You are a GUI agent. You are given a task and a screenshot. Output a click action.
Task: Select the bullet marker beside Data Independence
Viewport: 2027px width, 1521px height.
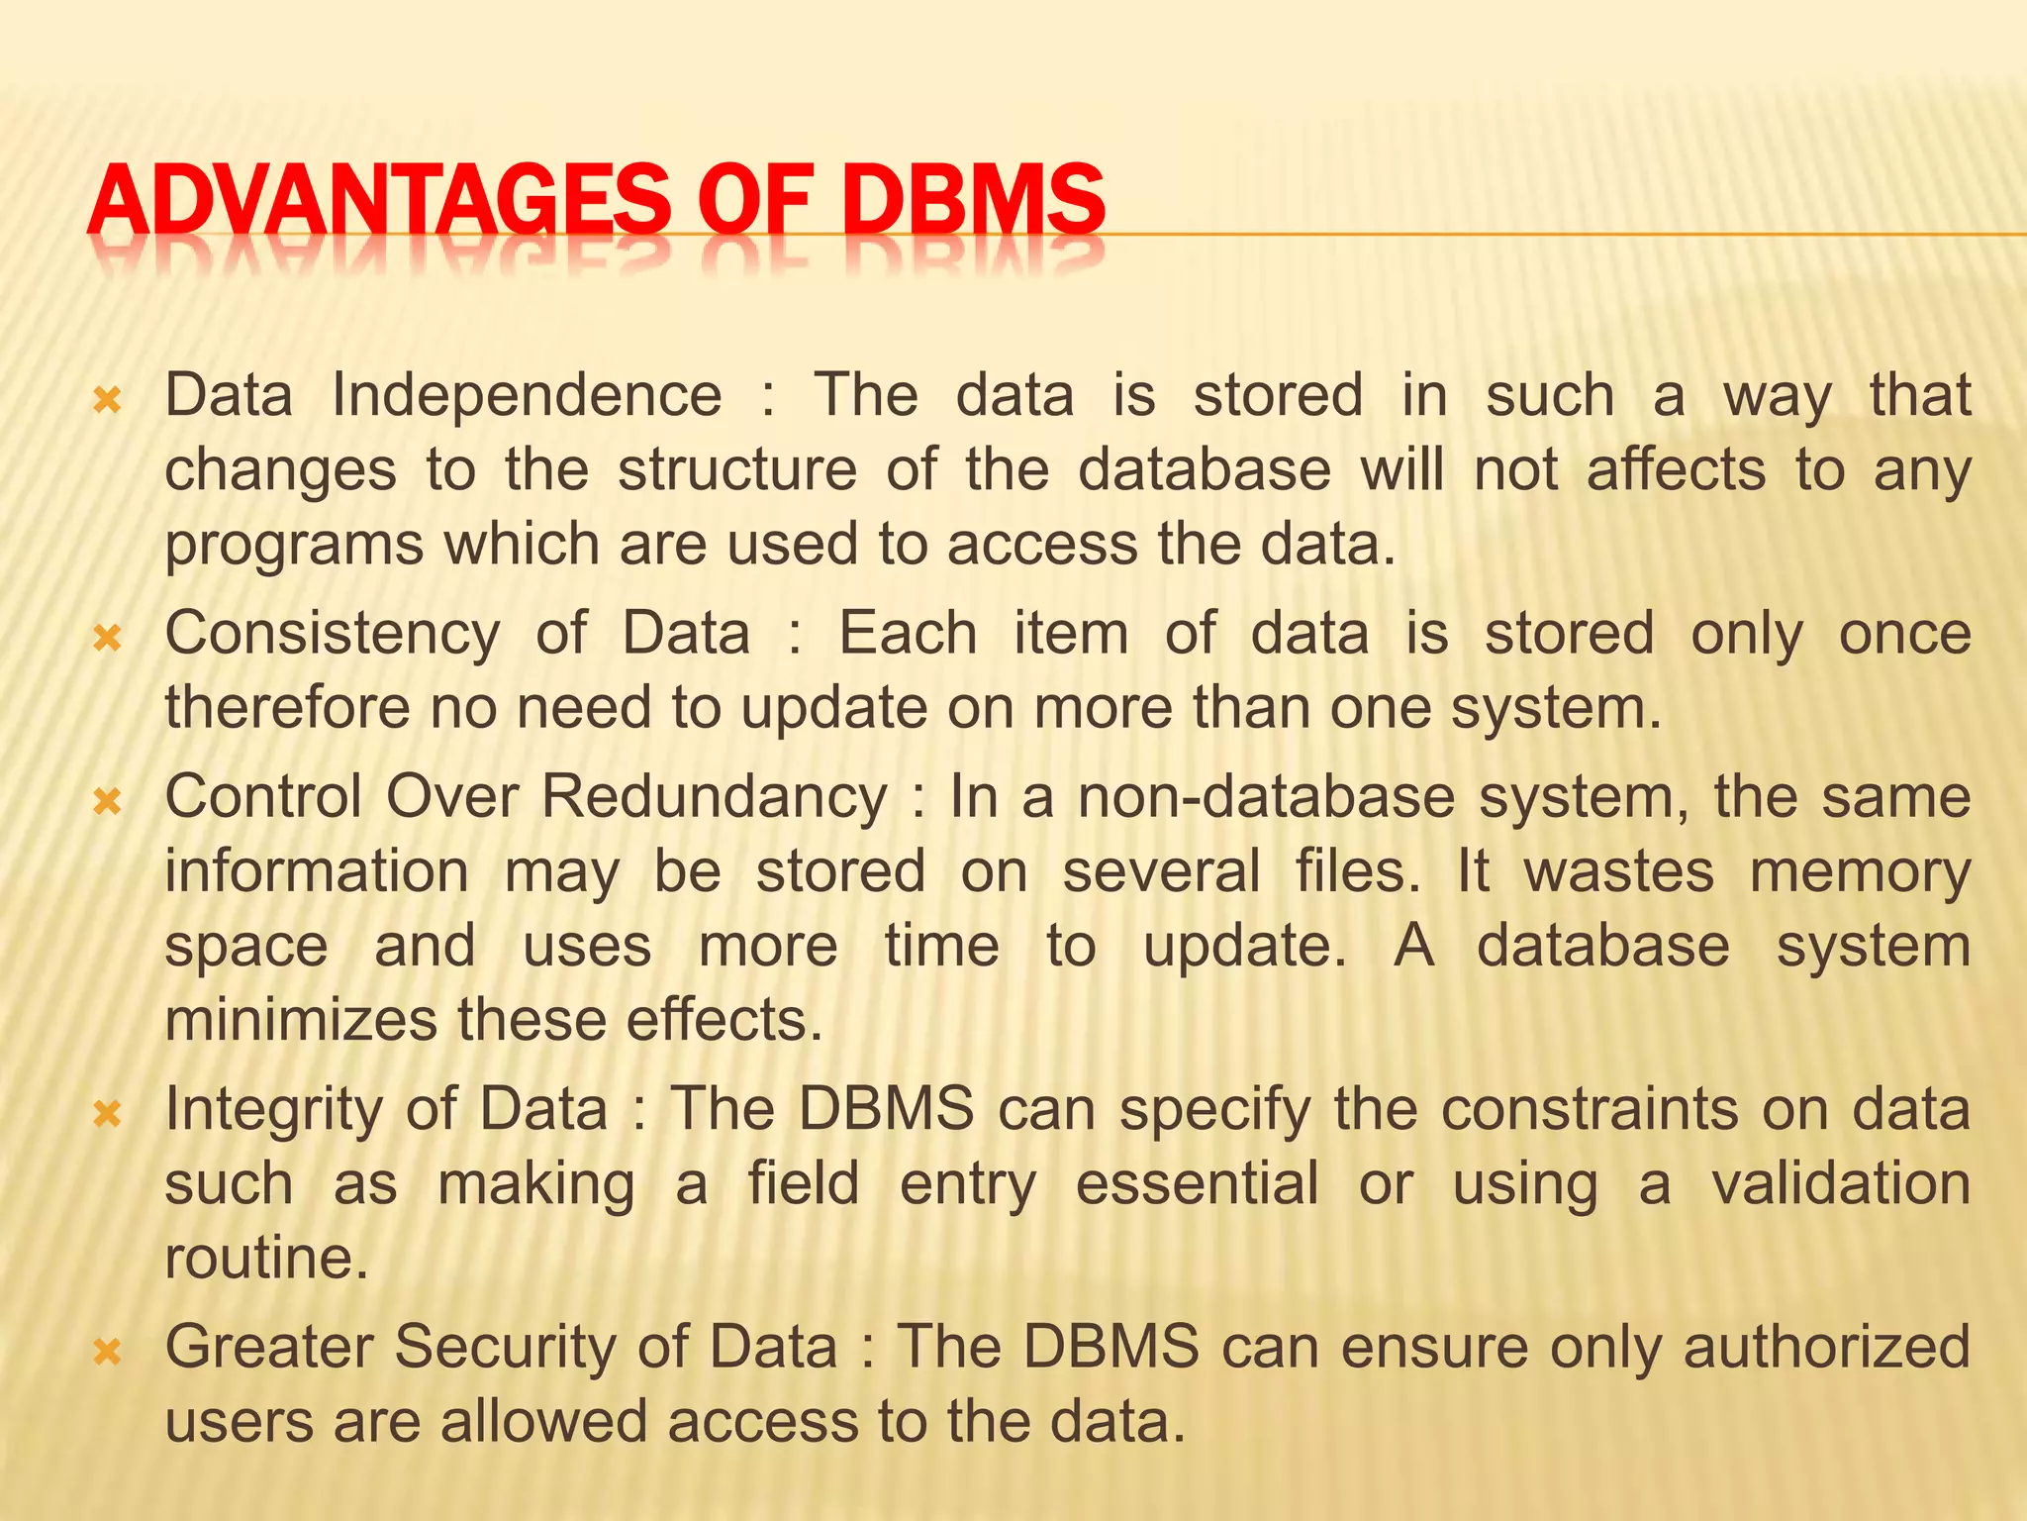tap(106, 401)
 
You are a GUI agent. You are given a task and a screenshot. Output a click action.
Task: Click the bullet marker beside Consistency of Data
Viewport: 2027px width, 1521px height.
tap(106, 639)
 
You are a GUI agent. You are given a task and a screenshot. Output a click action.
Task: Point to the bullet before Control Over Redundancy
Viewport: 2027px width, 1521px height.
tap(106, 801)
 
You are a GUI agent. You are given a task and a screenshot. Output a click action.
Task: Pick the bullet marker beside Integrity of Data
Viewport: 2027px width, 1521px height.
tap(106, 1115)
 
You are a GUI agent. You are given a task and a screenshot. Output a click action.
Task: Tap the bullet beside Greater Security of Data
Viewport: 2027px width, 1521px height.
tap(106, 1352)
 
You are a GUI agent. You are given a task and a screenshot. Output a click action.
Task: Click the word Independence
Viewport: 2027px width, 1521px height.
tap(527, 395)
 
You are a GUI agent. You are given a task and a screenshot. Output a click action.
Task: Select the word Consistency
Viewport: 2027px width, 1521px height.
tap(333, 635)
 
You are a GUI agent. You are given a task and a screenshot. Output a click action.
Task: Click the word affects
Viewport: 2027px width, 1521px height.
tap(1676, 469)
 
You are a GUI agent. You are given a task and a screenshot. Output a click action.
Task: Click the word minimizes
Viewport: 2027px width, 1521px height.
tap(300, 1020)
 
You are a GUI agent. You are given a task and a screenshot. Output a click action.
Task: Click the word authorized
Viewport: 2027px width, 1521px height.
tap(1827, 1348)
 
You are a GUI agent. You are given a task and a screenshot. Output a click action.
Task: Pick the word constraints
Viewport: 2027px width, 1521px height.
tap(1589, 1110)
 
